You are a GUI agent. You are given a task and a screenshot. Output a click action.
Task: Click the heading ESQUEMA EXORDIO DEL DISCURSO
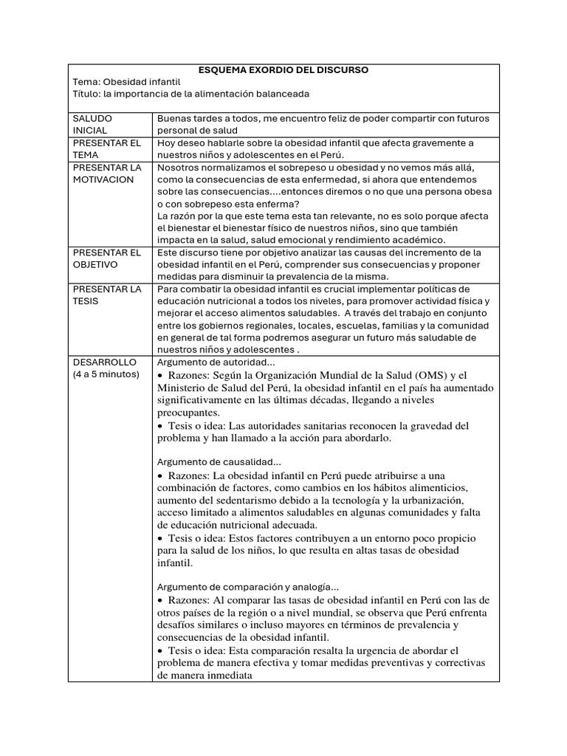click(x=283, y=70)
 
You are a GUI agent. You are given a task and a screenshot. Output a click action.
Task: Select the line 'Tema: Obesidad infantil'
click(x=126, y=82)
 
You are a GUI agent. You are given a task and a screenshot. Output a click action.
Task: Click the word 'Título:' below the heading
click(x=89, y=94)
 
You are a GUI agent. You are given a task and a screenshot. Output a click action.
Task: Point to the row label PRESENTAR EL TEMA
click(x=106, y=148)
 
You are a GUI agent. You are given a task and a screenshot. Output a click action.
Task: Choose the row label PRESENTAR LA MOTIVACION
click(x=106, y=173)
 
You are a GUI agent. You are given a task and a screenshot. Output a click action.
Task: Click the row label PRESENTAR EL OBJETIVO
click(x=106, y=258)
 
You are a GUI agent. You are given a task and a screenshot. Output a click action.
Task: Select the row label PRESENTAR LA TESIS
click(x=106, y=294)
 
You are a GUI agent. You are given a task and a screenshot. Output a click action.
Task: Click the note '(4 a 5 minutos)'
click(x=106, y=374)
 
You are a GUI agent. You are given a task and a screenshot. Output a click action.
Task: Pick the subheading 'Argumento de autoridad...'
click(x=216, y=362)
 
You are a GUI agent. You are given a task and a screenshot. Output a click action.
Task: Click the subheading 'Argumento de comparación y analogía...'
click(x=248, y=587)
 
